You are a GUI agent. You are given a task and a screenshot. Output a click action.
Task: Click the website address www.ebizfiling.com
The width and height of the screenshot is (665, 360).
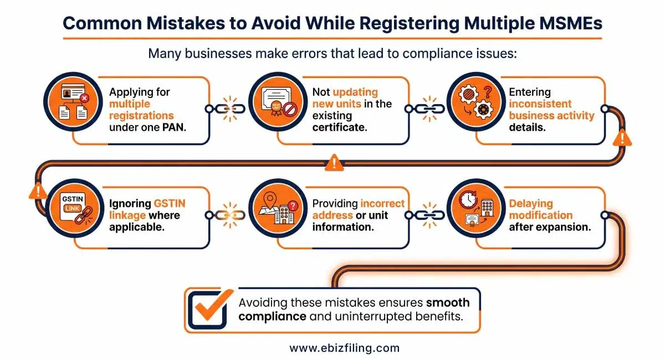tap(344, 348)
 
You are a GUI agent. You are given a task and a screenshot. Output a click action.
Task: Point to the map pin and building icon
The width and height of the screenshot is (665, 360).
tap(275, 215)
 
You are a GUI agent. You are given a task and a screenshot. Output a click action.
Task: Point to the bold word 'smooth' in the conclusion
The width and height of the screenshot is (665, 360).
tap(448, 303)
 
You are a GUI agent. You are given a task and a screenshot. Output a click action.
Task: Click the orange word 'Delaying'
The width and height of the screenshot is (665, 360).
tap(531, 203)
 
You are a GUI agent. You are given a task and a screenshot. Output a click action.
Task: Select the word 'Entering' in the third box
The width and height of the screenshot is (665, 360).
tap(530, 92)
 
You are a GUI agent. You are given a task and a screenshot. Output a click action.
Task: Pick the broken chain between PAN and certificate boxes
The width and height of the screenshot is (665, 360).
tap(229, 108)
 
